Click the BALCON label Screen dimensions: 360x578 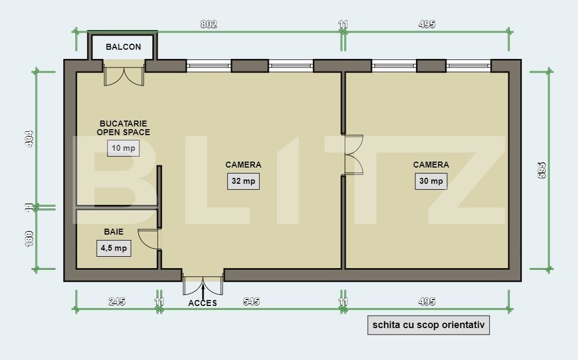point(123,47)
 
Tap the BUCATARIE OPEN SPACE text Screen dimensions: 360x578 point(123,128)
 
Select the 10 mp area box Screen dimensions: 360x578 point(123,148)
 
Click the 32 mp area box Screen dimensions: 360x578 point(243,181)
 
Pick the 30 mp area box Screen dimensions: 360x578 point(431,181)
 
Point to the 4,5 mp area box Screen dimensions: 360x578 point(113,248)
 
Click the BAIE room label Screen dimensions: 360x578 point(113,232)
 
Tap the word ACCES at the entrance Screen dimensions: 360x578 point(203,303)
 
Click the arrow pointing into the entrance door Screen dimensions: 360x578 point(203,291)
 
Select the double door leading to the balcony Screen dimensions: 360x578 point(124,76)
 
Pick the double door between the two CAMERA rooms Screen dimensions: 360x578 point(353,155)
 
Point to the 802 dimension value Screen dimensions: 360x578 point(209,24)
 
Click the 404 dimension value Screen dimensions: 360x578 point(30,138)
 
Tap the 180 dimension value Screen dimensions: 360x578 point(30,238)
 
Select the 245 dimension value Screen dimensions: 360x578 point(117,302)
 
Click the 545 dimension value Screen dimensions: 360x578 point(251,302)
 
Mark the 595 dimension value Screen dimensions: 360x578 point(542,170)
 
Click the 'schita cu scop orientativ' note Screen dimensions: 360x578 point(428,325)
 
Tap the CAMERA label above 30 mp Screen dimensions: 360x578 point(431,165)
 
